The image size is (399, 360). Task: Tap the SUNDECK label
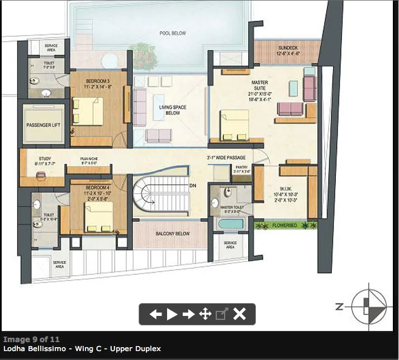(289, 48)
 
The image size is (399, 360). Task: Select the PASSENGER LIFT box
(43, 125)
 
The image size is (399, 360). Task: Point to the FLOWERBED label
(284, 225)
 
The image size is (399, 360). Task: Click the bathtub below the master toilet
(230, 225)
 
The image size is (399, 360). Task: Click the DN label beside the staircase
(193, 185)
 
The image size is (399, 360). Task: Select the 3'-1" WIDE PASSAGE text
(226, 158)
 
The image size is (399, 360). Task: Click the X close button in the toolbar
(239, 314)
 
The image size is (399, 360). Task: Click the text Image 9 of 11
(31, 339)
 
